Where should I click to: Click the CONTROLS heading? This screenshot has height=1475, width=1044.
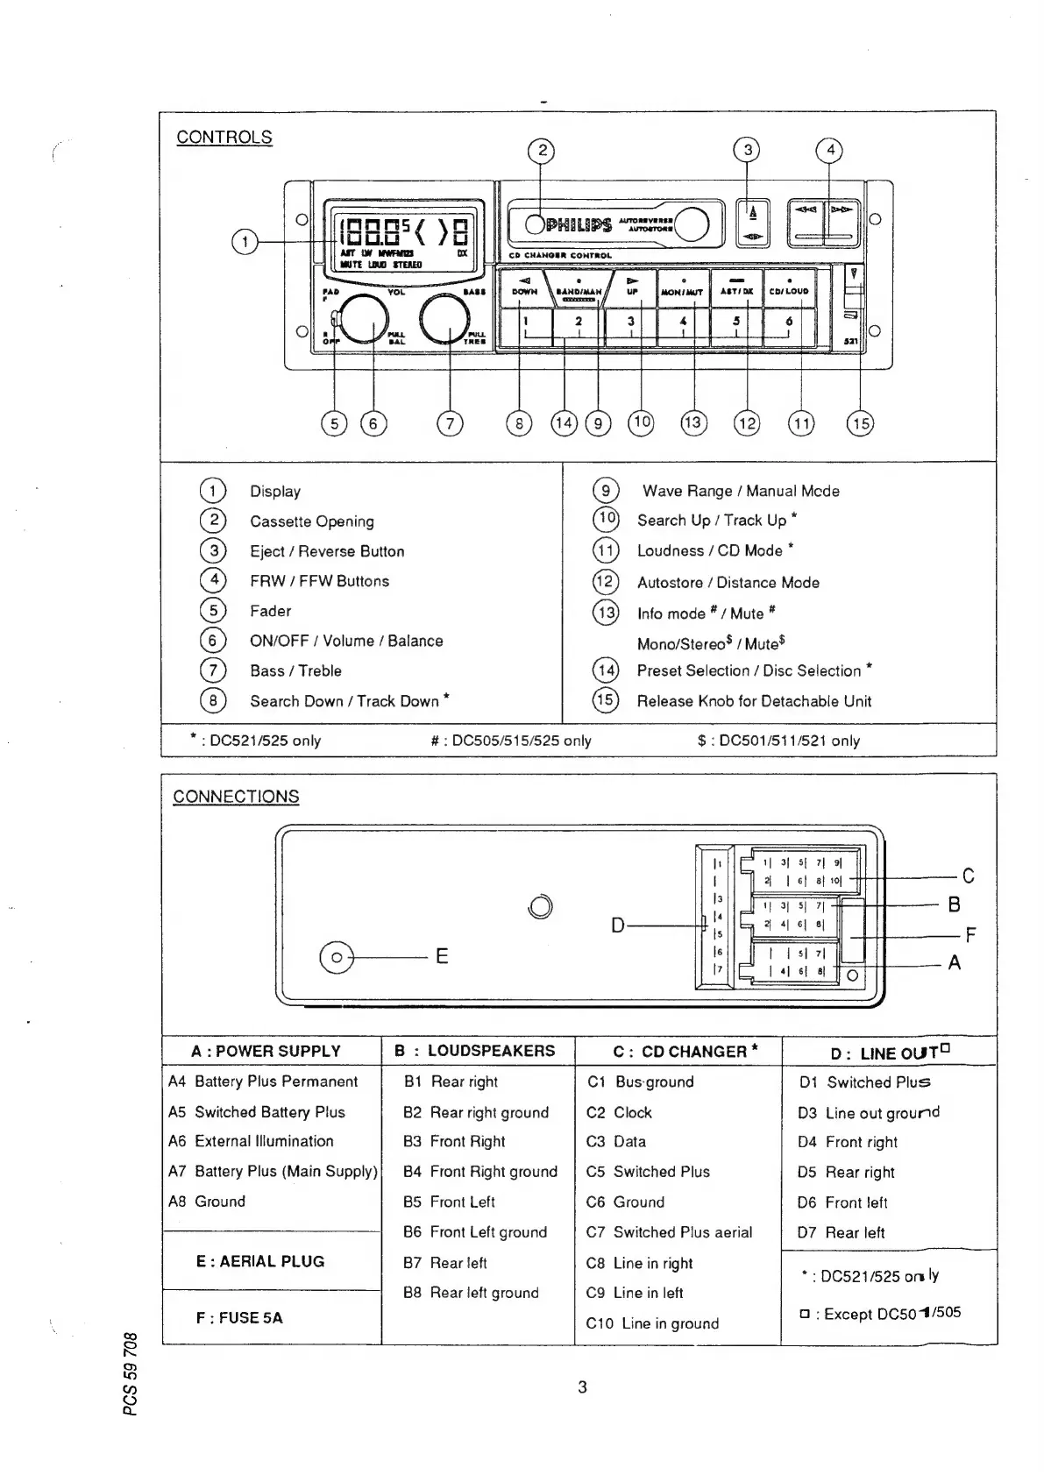click(x=224, y=138)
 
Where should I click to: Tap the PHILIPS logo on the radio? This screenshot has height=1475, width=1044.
click(x=579, y=225)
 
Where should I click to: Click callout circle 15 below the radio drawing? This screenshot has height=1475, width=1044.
click(x=860, y=424)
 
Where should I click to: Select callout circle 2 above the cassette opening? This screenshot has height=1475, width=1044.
click(x=542, y=151)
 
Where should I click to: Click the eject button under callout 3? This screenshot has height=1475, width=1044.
click(x=753, y=224)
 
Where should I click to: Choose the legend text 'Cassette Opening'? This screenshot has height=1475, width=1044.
click(x=312, y=521)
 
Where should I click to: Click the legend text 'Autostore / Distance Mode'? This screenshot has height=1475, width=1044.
click(x=728, y=583)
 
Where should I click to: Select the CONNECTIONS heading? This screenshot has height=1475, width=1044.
click(x=236, y=797)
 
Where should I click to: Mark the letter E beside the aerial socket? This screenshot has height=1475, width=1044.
click(x=442, y=956)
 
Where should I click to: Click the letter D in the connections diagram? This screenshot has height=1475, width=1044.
click(x=618, y=925)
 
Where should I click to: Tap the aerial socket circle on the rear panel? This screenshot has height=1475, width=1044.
click(x=337, y=957)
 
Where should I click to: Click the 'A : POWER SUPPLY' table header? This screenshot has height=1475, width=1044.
click(x=266, y=1051)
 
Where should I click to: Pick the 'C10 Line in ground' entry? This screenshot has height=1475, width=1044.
click(x=652, y=1323)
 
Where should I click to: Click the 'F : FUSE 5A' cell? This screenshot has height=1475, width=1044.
click(x=239, y=1317)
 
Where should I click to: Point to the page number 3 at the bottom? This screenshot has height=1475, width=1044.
click(x=582, y=1387)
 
